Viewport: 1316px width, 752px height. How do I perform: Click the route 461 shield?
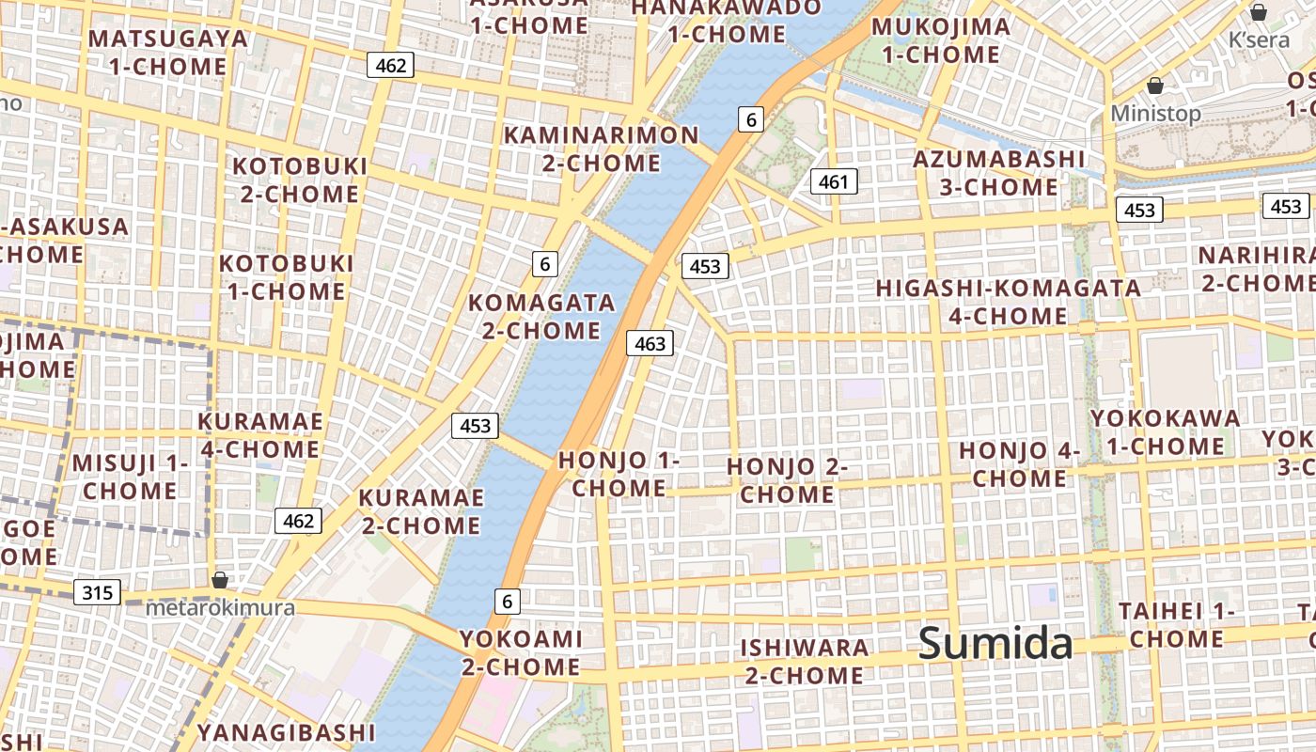[x=834, y=181]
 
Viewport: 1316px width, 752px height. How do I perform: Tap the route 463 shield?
[x=650, y=344]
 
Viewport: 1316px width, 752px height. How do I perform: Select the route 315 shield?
[x=97, y=592]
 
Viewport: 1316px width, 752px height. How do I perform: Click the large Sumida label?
[x=995, y=644]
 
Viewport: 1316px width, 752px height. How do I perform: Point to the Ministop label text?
[x=1155, y=114]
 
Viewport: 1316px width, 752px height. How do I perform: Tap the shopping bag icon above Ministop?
[x=1155, y=86]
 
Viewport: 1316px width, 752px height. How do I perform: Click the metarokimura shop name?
[x=220, y=608]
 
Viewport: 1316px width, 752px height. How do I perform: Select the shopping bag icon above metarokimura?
[x=220, y=580]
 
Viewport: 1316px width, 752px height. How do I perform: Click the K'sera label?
[x=1259, y=39]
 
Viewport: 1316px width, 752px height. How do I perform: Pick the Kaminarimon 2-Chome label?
[x=602, y=149]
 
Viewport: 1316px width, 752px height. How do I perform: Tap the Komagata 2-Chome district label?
[x=541, y=317]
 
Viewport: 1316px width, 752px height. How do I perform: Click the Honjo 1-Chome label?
[x=619, y=475]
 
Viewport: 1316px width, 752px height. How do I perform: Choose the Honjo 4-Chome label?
[x=1019, y=464]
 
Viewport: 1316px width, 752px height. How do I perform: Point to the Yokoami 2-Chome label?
[x=521, y=652]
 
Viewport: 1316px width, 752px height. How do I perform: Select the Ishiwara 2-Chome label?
[x=804, y=661]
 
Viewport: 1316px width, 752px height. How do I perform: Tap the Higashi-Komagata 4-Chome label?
[x=1009, y=302]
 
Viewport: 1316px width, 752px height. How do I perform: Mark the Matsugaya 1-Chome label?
[x=168, y=53]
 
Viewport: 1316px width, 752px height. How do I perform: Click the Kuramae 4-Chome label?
[x=260, y=435]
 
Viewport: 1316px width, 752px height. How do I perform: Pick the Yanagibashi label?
[x=286, y=731]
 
